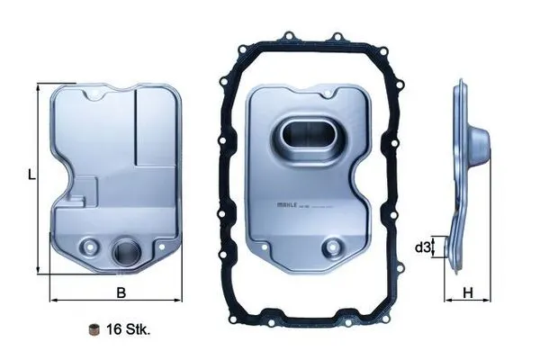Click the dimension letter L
[31, 177]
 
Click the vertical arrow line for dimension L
[39, 177]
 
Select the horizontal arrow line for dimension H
[468, 300]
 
